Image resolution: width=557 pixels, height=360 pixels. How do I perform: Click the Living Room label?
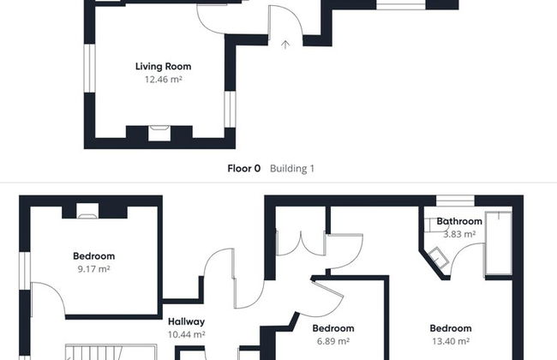tap(164, 67)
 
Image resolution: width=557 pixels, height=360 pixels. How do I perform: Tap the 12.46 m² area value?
tap(164, 79)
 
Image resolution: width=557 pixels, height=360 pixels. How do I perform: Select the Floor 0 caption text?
tap(244, 168)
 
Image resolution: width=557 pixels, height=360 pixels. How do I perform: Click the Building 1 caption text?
tap(292, 168)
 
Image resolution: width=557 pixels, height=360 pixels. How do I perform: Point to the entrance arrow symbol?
tap(285, 45)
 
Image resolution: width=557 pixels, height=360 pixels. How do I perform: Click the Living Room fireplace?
tap(159, 133)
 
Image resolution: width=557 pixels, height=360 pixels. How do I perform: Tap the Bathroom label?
tap(459, 221)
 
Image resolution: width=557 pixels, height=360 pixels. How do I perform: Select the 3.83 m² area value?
tap(459, 234)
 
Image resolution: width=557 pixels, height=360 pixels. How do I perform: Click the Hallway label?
tap(186, 321)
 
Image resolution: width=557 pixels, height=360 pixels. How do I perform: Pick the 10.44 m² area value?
tap(186, 334)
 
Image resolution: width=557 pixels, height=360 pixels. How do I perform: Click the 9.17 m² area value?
tap(93, 268)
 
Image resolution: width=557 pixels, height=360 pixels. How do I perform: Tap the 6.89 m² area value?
tap(333, 341)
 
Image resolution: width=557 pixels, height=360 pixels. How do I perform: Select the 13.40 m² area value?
tap(451, 341)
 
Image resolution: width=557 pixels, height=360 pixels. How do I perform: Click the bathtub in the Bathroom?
tap(499, 243)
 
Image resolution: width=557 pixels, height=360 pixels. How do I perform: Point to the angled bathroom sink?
tap(439, 256)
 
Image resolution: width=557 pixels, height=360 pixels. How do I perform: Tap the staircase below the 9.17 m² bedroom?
tap(111, 351)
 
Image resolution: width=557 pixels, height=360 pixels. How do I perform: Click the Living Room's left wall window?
tap(89, 69)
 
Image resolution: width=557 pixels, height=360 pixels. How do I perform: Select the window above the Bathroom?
tap(455, 201)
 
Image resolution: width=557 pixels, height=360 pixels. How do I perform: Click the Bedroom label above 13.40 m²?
tap(451, 328)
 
